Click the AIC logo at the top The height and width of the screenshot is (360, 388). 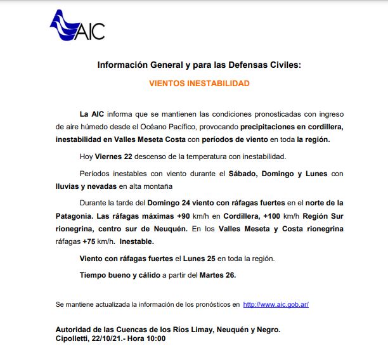tap(77, 27)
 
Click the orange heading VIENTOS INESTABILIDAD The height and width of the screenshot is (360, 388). tap(199, 83)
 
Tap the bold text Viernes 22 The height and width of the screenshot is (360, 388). tap(116, 157)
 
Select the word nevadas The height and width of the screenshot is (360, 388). tap(103, 186)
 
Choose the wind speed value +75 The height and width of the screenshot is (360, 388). tap(91, 241)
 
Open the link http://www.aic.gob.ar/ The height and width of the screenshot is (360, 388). tap(275, 304)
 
